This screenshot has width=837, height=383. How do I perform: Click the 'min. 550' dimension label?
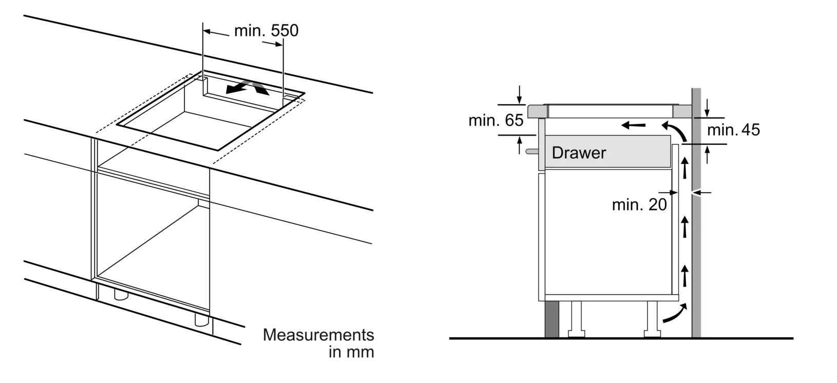265,31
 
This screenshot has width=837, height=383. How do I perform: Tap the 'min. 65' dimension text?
496,121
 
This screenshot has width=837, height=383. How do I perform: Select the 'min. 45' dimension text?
733,130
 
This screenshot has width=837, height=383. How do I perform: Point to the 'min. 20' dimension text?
639,205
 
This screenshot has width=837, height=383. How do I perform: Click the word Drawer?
579,152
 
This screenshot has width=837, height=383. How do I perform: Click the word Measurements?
318,335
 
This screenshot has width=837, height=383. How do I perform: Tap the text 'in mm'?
351,353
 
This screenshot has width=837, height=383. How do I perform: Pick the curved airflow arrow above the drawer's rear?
674,131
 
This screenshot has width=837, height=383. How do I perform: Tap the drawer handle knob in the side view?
531,151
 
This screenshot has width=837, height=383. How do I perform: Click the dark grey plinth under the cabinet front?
551,318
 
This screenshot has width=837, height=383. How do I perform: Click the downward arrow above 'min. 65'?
520,94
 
